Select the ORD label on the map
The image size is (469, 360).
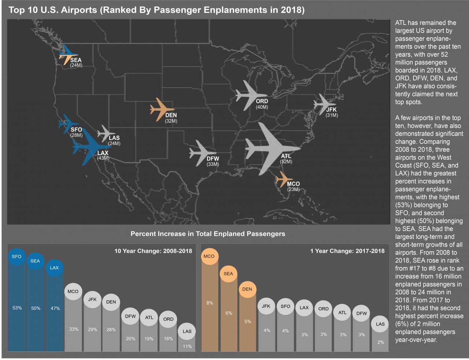pos(262,101)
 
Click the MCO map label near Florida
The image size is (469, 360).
pos(293,184)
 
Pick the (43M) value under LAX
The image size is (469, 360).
pos(103,158)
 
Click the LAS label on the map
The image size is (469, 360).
pos(114,138)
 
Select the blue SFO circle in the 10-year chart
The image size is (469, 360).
pos(16,256)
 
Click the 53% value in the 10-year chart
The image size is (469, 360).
pos(17,308)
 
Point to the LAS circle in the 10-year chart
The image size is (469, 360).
pos(187,331)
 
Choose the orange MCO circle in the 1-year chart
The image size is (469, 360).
pos(209,256)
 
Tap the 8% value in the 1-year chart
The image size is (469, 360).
pos(210,303)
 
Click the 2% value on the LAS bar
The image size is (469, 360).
pos(381,342)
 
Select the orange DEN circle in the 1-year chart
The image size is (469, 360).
pos(247,289)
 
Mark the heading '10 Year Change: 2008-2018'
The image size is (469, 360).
pos(153,251)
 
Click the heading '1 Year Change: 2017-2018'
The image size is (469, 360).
pos(347,251)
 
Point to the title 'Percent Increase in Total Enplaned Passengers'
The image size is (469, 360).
pos(208,234)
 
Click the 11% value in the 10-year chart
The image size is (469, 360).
pos(187,346)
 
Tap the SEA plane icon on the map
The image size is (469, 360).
pos(67,55)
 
